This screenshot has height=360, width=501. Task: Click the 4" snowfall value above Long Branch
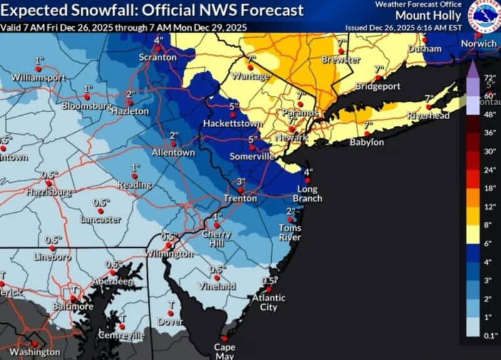(x=307, y=172)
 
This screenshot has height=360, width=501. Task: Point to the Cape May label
(x=224, y=351)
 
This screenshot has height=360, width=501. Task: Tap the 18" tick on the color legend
(x=490, y=188)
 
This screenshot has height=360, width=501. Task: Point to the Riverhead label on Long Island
(x=425, y=116)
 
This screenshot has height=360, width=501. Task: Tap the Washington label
(x=35, y=352)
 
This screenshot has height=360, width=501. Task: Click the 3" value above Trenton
(x=241, y=181)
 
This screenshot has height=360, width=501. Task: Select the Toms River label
(x=290, y=232)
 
